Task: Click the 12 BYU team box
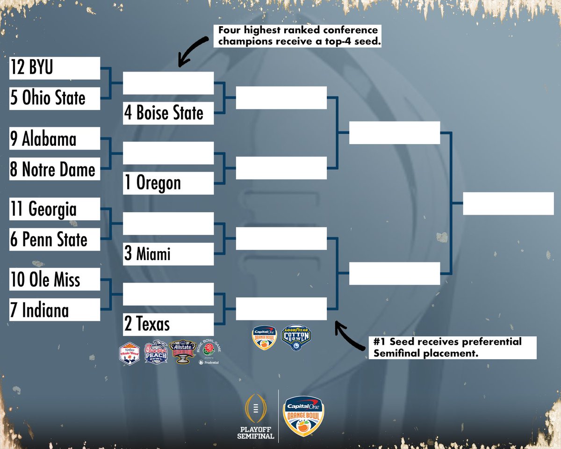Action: click(x=55, y=68)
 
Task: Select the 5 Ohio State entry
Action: click(x=55, y=99)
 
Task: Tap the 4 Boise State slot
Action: click(x=168, y=113)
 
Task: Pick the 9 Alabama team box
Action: click(x=55, y=138)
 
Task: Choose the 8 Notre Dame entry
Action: click(x=55, y=169)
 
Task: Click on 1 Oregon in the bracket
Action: click(x=168, y=183)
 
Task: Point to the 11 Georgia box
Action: click(x=55, y=209)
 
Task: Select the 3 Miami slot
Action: click(x=168, y=254)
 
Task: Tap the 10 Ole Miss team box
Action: click(x=55, y=279)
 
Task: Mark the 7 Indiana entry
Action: click(x=55, y=310)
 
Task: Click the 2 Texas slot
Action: click(x=168, y=324)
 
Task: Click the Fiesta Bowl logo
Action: click(x=130, y=353)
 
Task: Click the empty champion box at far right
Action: click(x=508, y=203)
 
